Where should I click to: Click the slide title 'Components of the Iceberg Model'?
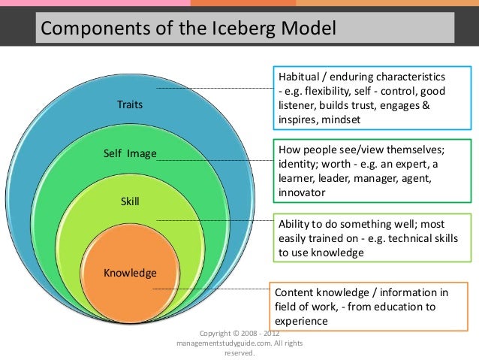point(188,29)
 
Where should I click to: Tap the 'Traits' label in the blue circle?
point(129,105)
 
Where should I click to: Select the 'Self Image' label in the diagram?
point(129,154)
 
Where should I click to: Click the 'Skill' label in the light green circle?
point(130,201)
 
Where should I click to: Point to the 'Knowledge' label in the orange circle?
point(130,272)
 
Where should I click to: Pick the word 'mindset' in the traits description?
point(339,119)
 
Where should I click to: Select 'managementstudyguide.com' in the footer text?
point(226,342)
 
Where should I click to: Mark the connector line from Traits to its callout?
point(218,89)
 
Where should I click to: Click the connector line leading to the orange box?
point(210,288)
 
